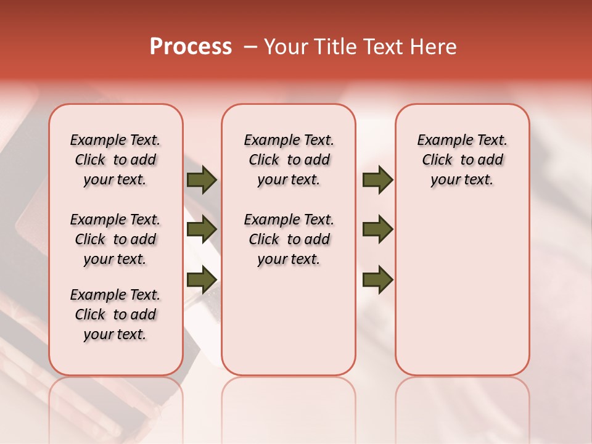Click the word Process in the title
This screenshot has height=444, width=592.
coord(191,46)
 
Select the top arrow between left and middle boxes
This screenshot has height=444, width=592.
coord(201,180)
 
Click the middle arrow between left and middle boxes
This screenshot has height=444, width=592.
coord(201,229)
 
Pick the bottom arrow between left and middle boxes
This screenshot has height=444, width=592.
coord(201,279)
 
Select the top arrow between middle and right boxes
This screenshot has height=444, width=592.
coord(377,180)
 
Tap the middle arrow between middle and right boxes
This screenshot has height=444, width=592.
coord(377,229)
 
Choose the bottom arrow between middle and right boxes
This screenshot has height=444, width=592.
coord(377,279)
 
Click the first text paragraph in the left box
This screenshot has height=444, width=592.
coord(115,160)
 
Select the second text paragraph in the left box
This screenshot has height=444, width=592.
coord(115,239)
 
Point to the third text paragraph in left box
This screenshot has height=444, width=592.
coord(115,314)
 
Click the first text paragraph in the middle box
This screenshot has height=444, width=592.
coord(289,160)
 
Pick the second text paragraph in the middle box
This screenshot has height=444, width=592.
coord(289,239)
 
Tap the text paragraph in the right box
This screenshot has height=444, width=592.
coord(462,160)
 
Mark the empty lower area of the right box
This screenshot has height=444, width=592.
coord(462,296)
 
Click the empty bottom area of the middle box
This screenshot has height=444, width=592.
coord(289,327)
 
